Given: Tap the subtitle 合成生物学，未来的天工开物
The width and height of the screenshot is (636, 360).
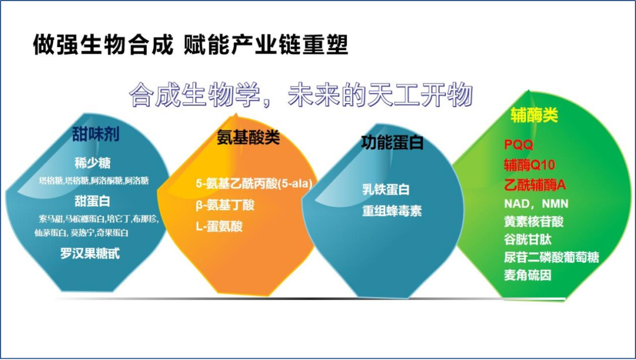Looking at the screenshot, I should [x=301, y=95].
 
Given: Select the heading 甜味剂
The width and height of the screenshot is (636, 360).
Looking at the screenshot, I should [x=95, y=134].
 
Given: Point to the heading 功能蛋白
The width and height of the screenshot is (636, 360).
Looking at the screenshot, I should [x=392, y=142].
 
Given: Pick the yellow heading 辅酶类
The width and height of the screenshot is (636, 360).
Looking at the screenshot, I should [x=534, y=115].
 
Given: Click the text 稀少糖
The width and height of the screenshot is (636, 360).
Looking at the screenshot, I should [x=92, y=163].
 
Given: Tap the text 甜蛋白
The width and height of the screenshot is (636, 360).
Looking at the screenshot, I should [x=92, y=200].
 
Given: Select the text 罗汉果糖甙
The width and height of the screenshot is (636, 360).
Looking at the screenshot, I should [x=90, y=253].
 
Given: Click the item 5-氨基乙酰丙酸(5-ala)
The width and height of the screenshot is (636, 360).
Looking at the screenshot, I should [x=254, y=183].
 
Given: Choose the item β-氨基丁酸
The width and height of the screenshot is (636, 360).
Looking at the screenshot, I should [x=226, y=204].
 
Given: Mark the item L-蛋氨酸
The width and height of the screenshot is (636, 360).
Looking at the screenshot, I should [x=219, y=226].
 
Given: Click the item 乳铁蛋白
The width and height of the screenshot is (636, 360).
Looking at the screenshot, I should [x=386, y=190].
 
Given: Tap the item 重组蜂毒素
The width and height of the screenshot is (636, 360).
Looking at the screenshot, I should [x=392, y=211].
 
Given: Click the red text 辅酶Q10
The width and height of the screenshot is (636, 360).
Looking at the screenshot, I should [x=529, y=164].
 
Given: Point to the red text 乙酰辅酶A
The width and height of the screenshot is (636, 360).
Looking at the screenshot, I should [x=534, y=184].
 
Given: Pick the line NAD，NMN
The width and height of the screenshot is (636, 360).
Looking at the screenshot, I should [x=536, y=204].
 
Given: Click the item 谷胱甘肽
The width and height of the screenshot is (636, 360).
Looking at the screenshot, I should [x=528, y=239].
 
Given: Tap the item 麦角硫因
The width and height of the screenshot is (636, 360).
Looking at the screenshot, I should [x=528, y=275].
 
